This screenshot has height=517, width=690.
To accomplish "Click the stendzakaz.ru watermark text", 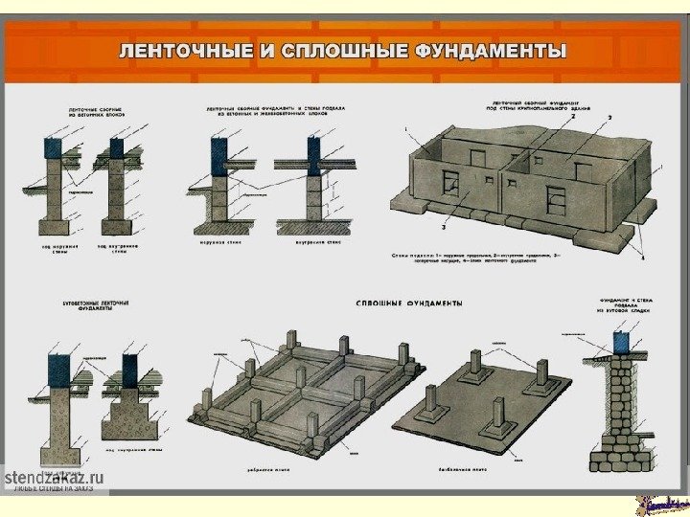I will (55, 478).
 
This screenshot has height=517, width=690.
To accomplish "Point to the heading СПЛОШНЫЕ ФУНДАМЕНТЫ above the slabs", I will (408, 303).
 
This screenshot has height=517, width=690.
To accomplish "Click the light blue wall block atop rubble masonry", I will (621, 340).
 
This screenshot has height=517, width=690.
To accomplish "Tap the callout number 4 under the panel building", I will (643, 258).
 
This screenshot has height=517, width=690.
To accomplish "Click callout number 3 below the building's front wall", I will (444, 229).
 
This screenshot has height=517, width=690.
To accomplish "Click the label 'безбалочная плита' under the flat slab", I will (475, 471).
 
